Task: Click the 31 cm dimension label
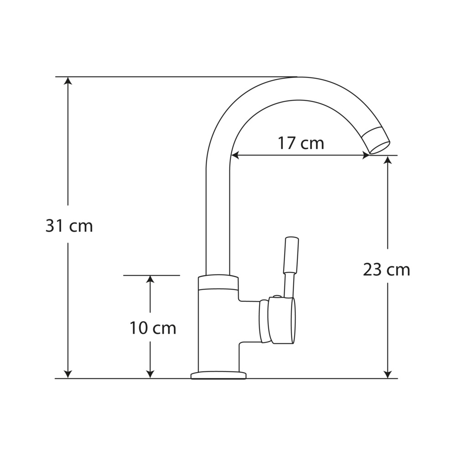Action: click(x=69, y=226)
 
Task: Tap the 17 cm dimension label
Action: click(x=301, y=143)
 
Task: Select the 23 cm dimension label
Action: click(x=386, y=270)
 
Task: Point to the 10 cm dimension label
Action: click(x=152, y=328)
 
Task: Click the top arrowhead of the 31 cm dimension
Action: click(x=68, y=81)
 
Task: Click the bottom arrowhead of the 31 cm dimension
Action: click(x=68, y=374)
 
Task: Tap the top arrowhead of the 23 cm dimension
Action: click(x=388, y=160)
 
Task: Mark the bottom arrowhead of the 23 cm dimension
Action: click(x=388, y=374)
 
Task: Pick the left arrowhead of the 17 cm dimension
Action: click(x=235, y=155)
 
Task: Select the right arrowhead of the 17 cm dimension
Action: click(x=365, y=155)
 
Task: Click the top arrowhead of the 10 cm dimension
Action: click(x=150, y=280)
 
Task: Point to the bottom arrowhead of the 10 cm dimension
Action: click(x=150, y=374)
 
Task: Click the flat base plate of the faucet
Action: click(x=218, y=376)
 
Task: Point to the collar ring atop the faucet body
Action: click(x=218, y=282)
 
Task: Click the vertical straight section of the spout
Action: click(x=218, y=219)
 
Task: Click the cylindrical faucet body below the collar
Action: click(x=218, y=328)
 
